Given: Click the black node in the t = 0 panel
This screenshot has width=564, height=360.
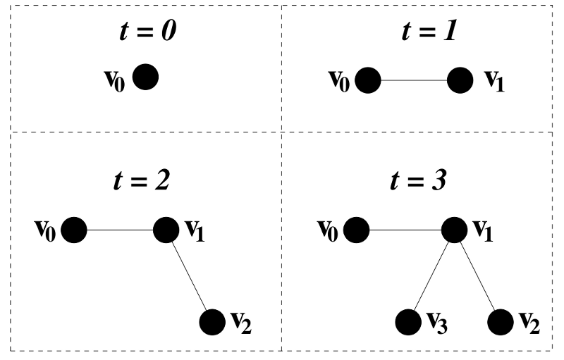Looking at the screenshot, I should click(x=146, y=77).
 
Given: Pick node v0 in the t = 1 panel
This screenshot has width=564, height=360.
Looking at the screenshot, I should click(x=368, y=80).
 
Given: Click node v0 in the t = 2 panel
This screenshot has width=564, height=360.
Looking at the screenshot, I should click(x=73, y=230).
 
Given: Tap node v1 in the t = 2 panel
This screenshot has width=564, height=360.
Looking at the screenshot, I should click(x=166, y=230).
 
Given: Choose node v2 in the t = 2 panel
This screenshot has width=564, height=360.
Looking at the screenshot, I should click(x=212, y=323).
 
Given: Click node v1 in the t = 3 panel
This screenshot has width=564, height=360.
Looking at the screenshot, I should click(x=454, y=230).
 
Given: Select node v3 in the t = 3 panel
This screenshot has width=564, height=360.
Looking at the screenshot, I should click(x=407, y=323).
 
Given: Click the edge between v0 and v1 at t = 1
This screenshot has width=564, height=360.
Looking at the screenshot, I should click(x=414, y=80).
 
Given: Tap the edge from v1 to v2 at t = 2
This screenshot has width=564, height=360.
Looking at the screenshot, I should click(x=189, y=276).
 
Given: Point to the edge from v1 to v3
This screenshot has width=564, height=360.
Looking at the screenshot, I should click(x=431, y=276).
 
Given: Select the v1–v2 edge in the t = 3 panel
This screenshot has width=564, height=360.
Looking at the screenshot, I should click(x=477, y=276).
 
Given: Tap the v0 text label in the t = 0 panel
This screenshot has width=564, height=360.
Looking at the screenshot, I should click(x=116, y=77).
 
